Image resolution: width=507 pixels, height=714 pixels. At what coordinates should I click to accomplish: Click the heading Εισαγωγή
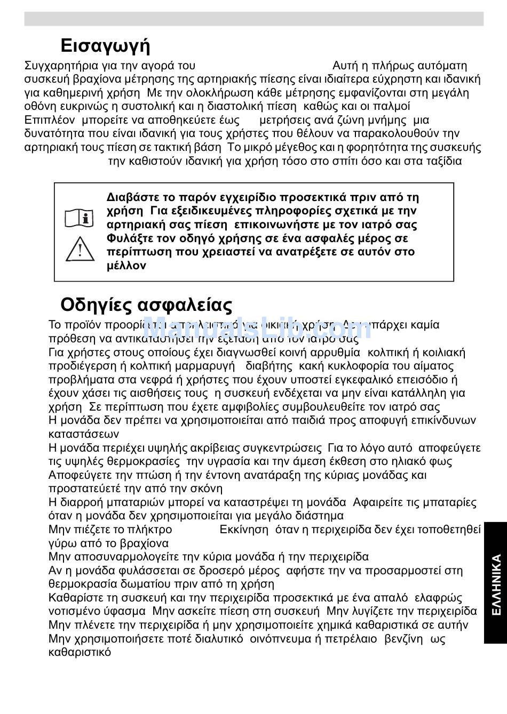coord(105,46)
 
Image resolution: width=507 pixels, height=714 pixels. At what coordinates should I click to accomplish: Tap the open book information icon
coord(80,218)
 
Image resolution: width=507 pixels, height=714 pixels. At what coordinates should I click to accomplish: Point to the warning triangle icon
coord(80,249)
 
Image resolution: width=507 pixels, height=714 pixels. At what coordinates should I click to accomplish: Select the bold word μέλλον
coord(126,266)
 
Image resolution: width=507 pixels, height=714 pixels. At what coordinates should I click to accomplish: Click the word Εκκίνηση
coord(244,530)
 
